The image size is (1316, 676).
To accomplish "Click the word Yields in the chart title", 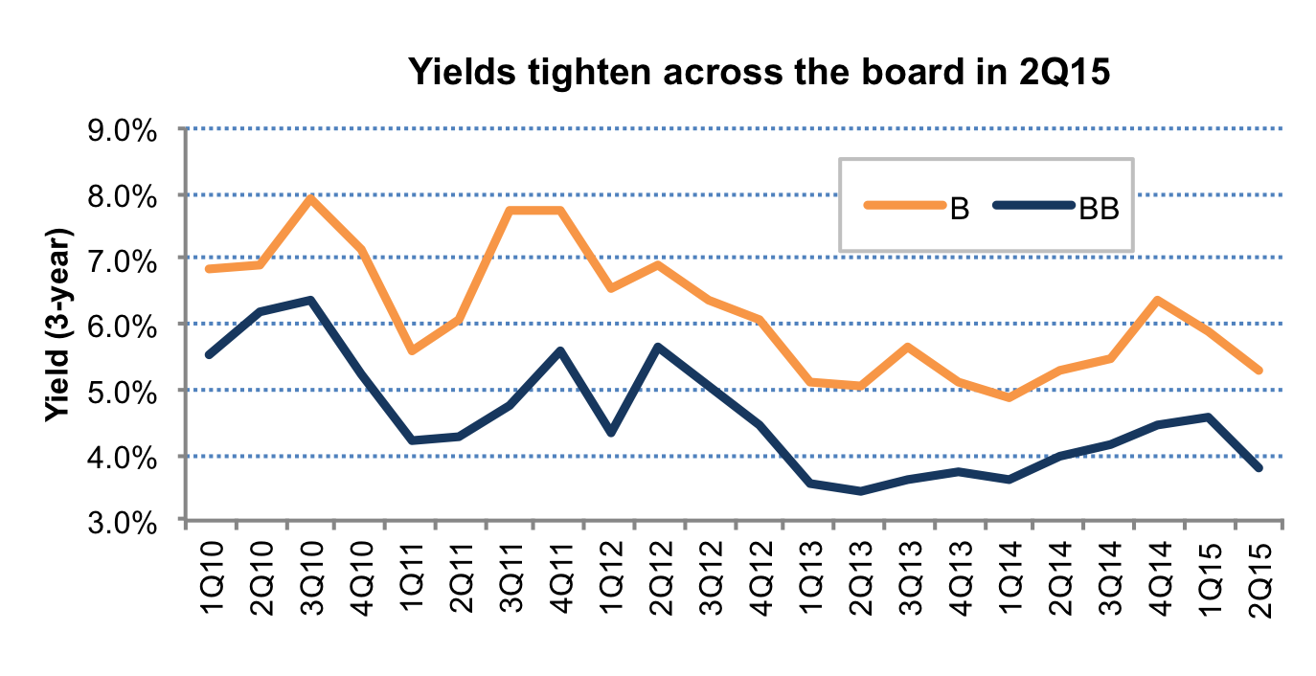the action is coord(463,72).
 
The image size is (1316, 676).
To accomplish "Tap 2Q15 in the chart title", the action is coord(1064,72).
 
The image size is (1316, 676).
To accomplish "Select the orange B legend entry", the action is coord(917,207).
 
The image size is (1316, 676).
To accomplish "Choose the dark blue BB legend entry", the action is coord(1056,207).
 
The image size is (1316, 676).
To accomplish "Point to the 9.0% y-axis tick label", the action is coord(123,130).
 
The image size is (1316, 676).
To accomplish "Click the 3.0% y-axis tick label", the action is coord(123,522).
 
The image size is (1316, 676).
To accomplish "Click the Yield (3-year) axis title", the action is coord(58,325).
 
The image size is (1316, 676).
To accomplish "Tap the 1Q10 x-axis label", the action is coord(212,578).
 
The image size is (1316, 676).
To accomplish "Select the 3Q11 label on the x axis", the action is coord(511,578).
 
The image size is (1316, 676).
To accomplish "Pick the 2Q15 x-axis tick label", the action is coord(1259,581).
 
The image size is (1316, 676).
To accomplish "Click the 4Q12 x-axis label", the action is coord(760,578).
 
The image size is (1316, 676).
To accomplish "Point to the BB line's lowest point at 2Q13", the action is coord(861,491).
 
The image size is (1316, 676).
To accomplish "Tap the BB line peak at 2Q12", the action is coord(658,348).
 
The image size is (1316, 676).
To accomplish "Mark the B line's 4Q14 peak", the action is coord(1157,300).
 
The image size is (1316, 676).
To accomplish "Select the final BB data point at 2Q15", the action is coord(1259,468).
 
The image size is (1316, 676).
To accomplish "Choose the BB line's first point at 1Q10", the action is coord(209,354).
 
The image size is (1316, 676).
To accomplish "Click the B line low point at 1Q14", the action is coord(1009,397).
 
